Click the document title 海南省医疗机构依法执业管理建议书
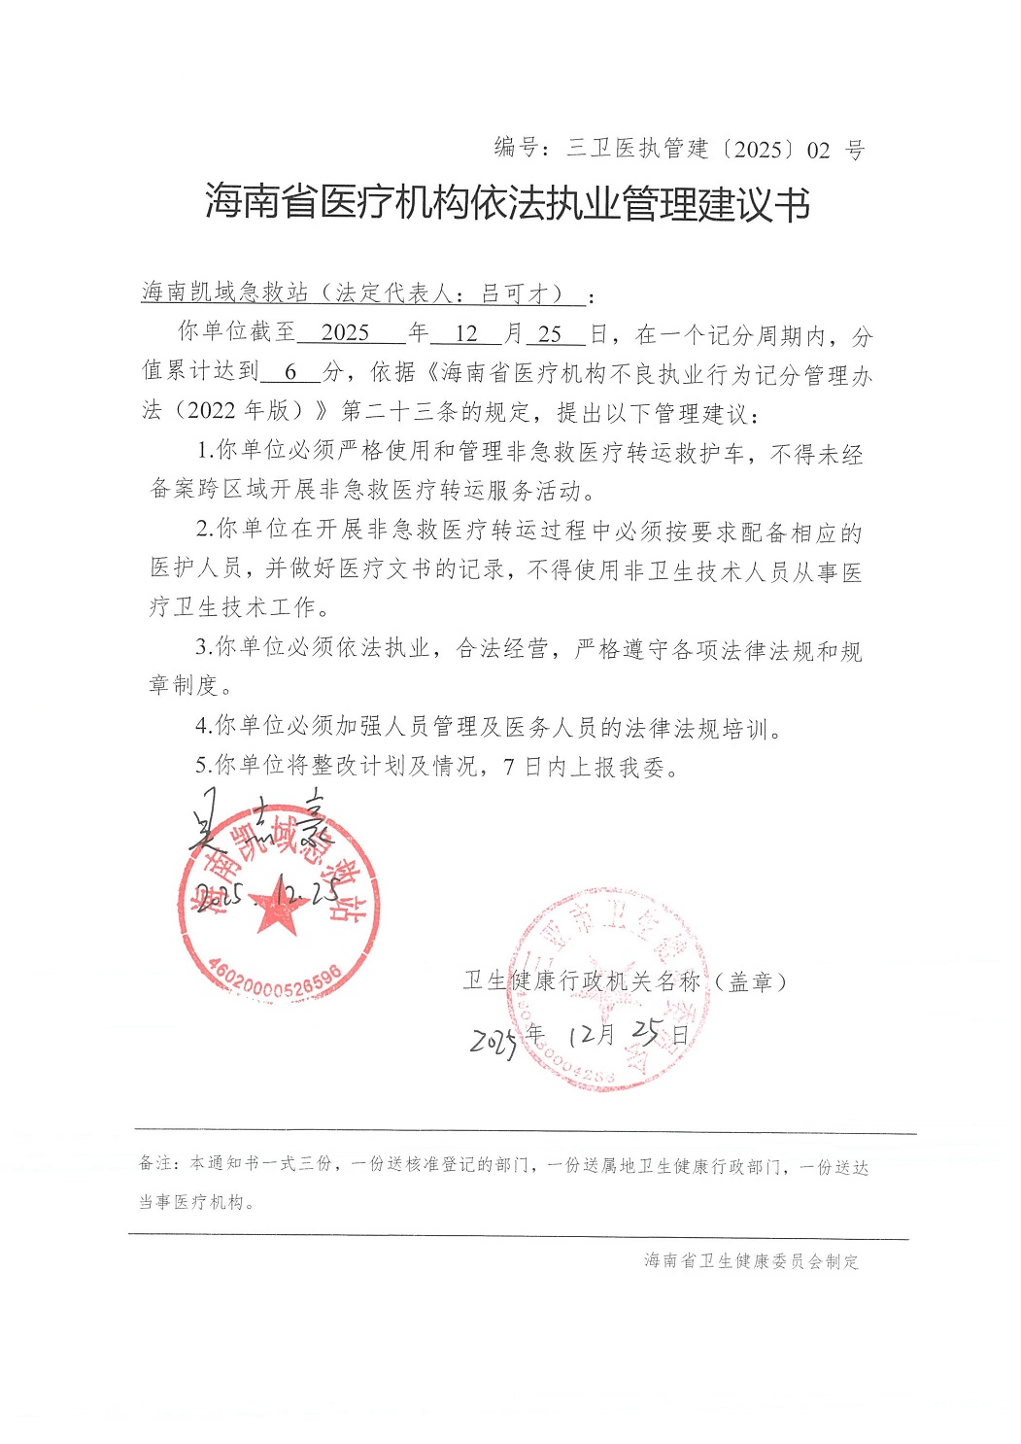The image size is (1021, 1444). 507,203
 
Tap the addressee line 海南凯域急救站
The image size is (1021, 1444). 224,292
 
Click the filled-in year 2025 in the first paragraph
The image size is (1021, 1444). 345,333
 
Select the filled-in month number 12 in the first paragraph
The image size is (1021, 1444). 466,333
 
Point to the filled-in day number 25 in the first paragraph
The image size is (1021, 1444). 550,333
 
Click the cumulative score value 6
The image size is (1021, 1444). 289,372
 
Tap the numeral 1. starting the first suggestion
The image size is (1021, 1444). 204,451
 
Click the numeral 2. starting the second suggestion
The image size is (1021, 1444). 204,530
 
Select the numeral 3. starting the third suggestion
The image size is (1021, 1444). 203,647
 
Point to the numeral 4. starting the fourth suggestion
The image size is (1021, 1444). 203,726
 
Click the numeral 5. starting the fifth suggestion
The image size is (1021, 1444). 203,766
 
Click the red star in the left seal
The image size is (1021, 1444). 278,910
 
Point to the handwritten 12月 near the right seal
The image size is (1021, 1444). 593,1034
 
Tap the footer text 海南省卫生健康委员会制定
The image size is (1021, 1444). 751,1261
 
